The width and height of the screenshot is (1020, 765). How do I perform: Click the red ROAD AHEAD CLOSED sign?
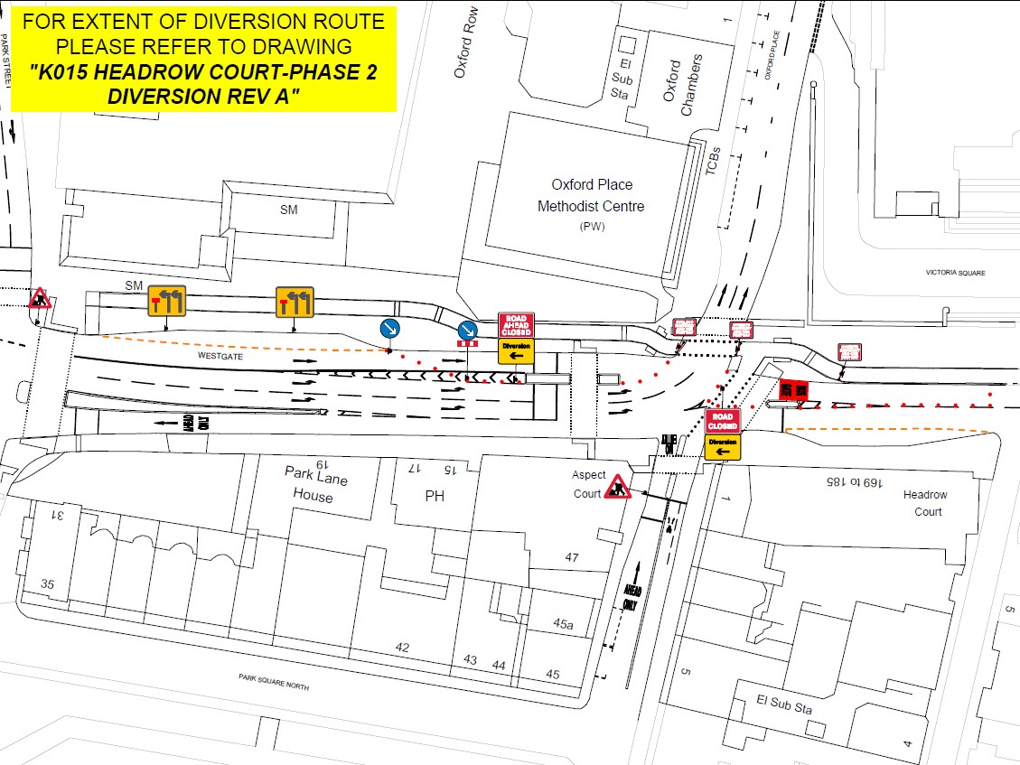click(x=516, y=325)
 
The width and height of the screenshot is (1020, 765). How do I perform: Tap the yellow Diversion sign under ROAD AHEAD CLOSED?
click(x=516, y=350)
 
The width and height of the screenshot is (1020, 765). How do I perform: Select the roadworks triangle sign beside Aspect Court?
click(x=618, y=488)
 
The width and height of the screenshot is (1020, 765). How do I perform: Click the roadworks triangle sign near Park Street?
click(x=39, y=298)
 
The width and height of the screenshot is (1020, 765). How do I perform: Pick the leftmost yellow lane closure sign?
click(x=167, y=301)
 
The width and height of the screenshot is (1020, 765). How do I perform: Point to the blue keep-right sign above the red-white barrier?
click(x=467, y=330)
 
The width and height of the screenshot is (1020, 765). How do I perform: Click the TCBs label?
click(x=716, y=163)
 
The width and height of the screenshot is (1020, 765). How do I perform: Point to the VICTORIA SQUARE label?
click(x=955, y=273)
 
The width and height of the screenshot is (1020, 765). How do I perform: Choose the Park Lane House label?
click(x=313, y=484)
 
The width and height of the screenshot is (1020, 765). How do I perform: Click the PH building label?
click(x=435, y=496)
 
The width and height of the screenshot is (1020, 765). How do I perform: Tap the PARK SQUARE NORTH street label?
click(x=274, y=682)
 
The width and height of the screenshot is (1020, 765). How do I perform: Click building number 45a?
click(x=563, y=623)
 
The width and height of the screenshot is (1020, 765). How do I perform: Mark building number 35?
click(x=48, y=584)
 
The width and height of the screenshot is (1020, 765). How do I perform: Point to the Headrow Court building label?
click(x=925, y=503)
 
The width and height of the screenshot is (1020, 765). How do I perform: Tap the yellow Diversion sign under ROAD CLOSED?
click(x=723, y=446)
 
